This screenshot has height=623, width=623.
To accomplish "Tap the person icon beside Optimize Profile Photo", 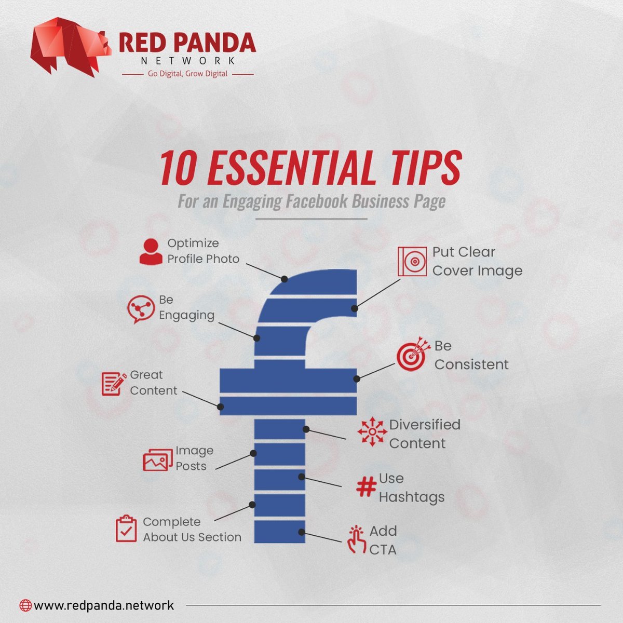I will [x=151, y=252].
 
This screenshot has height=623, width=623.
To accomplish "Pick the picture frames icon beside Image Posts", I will [x=158, y=460].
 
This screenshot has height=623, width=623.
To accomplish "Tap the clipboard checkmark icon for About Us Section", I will [x=126, y=529].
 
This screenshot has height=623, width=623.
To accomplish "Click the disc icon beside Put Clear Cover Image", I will [x=412, y=261].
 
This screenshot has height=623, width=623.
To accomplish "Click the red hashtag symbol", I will [x=367, y=487].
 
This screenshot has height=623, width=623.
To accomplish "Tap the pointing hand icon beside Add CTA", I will [x=356, y=540].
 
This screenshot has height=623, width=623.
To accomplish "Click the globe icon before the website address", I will [x=25, y=605].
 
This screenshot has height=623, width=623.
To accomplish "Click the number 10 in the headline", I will [x=179, y=168].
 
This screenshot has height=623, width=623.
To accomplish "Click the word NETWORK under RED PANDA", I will [x=188, y=60].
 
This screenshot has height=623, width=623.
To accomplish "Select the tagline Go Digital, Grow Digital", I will [x=187, y=74].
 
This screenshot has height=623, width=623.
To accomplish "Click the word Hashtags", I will [x=412, y=497].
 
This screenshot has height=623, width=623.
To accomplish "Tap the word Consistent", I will [x=471, y=364].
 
